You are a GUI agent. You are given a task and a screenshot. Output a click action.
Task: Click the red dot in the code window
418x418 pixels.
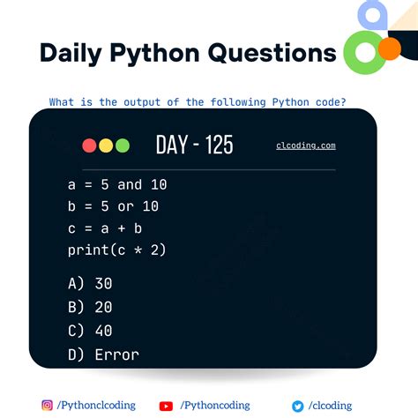click(x=89, y=146)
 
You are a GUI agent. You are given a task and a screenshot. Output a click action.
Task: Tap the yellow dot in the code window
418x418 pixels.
click(x=105, y=146)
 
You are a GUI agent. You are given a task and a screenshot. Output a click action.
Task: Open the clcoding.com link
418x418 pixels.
click(x=305, y=146)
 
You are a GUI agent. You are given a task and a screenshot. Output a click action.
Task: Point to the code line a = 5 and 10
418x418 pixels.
click(x=117, y=185)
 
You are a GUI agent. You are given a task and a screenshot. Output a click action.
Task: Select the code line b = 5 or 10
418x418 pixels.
click(x=113, y=206)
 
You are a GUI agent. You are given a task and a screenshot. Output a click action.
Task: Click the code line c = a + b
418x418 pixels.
click(x=105, y=228)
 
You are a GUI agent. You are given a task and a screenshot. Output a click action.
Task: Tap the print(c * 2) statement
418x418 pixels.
click(x=117, y=250)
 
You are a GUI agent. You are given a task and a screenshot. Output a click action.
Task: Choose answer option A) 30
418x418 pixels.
click(x=90, y=284)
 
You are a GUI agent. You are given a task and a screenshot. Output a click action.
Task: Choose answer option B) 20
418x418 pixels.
click(x=90, y=308)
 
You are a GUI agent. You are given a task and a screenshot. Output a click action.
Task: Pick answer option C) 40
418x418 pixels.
click(x=90, y=331)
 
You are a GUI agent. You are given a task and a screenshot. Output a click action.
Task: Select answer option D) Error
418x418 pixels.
click(x=103, y=355)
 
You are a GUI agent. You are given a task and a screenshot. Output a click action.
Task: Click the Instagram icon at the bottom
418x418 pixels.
click(x=48, y=406)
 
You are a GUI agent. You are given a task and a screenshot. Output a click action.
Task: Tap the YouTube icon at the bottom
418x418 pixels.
click(x=166, y=406)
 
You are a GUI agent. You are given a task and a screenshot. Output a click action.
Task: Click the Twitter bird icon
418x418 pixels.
click(x=298, y=406)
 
